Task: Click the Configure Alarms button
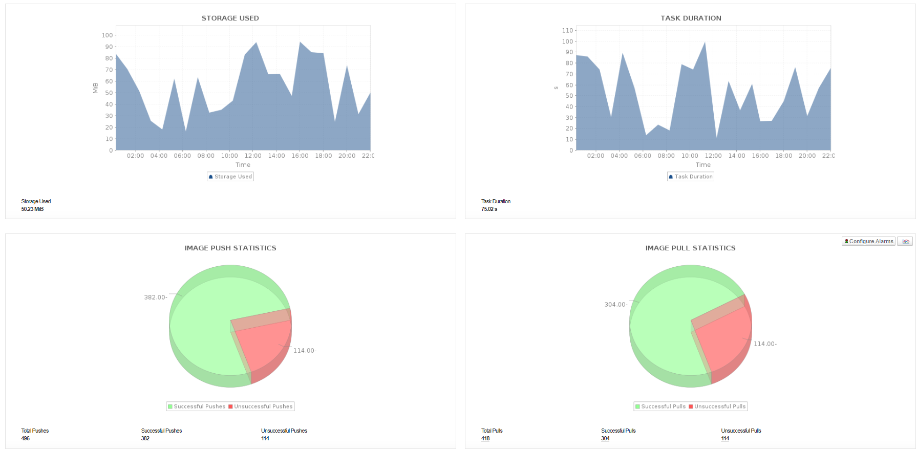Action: [x=868, y=241]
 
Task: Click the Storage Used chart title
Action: [x=230, y=18]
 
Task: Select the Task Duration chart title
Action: [x=691, y=18]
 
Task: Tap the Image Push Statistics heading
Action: [x=230, y=248]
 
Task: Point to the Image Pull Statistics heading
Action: [x=690, y=248]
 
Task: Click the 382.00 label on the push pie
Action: [x=155, y=297]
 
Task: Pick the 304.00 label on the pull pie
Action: [x=615, y=305]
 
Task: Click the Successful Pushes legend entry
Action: [x=197, y=407]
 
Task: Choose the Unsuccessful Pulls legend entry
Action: [x=717, y=407]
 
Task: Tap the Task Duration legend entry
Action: [x=691, y=177]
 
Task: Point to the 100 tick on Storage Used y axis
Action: [x=107, y=35]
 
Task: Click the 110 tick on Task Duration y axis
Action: [x=567, y=31]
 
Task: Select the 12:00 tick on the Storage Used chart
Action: [x=253, y=156]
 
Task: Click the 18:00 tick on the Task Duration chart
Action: [x=783, y=156]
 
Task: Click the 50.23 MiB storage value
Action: [x=32, y=209]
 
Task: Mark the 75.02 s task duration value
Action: [x=489, y=209]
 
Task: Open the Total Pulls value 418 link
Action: [x=485, y=438]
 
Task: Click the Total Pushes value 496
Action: [x=26, y=438]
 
